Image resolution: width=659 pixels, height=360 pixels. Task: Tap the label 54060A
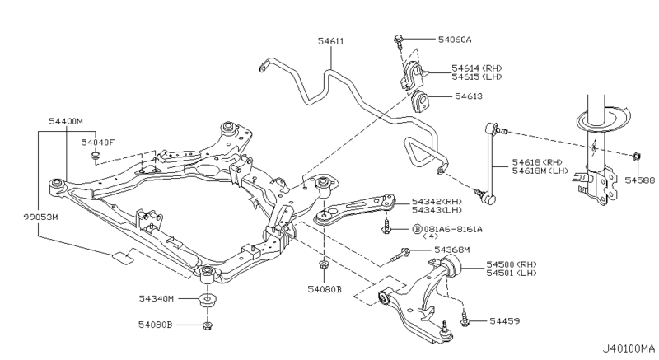(455, 39)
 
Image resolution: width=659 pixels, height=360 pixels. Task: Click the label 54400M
(66, 121)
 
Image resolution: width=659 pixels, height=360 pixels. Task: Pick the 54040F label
(98, 142)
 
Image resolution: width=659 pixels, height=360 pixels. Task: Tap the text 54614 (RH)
(476, 68)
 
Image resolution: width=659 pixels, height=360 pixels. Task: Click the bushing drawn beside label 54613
(422, 102)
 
